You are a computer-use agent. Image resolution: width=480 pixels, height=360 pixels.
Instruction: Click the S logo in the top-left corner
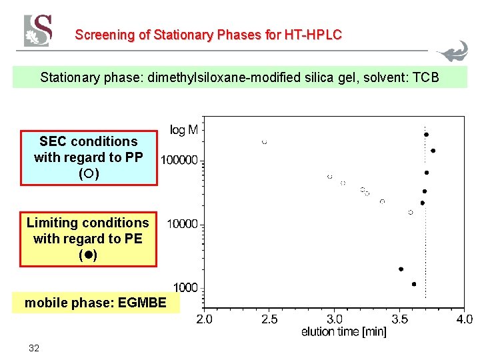click(x=38, y=31)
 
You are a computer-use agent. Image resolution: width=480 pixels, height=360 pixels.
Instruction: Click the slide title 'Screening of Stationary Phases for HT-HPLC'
click(x=208, y=35)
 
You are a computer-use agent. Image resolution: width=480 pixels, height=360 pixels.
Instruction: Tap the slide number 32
click(x=33, y=348)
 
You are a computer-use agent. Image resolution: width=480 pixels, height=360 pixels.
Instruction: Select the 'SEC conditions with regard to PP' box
click(x=88, y=157)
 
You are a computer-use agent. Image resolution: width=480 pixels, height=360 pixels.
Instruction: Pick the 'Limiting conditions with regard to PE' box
click(x=87, y=239)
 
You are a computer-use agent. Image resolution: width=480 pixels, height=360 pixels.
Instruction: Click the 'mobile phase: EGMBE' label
click(x=95, y=303)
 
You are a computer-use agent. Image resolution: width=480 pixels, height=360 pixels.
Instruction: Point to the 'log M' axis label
click(x=183, y=131)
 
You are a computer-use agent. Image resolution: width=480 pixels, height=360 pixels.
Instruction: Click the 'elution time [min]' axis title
click(x=343, y=331)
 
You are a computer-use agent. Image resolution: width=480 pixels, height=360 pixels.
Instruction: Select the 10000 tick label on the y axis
click(x=182, y=224)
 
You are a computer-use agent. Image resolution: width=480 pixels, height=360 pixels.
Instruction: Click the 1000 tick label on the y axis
click(x=185, y=287)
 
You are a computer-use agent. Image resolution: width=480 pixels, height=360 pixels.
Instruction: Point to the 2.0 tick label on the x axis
click(x=204, y=319)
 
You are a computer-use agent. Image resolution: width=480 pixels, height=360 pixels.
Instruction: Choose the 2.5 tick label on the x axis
click(x=269, y=319)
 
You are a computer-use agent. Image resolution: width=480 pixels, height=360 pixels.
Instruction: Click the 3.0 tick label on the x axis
click(x=335, y=319)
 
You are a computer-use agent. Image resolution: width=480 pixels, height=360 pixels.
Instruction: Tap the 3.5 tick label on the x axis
click(x=399, y=319)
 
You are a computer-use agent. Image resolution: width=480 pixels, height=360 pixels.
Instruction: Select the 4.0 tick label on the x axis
click(x=464, y=319)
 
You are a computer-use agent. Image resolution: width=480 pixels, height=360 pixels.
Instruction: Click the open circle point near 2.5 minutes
click(x=265, y=142)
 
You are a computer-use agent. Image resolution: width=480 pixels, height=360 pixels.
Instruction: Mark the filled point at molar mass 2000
click(x=401, y=269)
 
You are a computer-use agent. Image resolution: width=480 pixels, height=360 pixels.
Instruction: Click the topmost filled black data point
click(x=426, y=135)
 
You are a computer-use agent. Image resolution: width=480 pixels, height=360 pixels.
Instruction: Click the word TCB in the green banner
click(x=426, y=77)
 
